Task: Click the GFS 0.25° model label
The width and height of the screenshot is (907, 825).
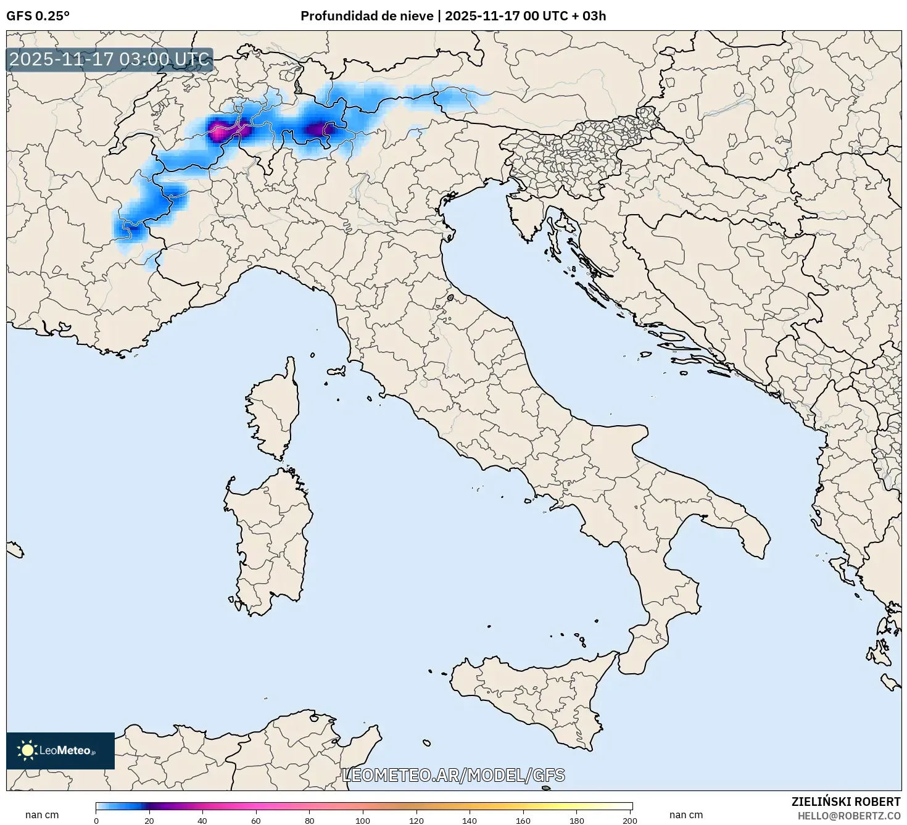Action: (38, 16)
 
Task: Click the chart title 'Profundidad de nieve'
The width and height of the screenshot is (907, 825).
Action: (367, 16)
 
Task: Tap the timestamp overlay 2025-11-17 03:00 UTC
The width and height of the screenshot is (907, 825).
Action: (109, 60)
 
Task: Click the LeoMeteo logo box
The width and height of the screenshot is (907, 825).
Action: (60, 750)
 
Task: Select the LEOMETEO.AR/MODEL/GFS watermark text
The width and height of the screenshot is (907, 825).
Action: (453, 775)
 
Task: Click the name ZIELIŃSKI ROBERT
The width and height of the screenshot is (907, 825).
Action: (845, 802)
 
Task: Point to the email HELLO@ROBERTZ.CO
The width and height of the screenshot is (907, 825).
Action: (848, 816)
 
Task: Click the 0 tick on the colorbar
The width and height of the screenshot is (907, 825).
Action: (96, 821)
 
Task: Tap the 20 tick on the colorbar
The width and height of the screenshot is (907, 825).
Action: (149, 821)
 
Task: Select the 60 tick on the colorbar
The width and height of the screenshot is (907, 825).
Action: (256, 821)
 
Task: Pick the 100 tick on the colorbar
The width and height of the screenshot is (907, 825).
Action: (363, 821)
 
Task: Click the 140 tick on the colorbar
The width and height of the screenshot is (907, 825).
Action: (470, 821)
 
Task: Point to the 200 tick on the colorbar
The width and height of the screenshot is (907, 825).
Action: (630, 821)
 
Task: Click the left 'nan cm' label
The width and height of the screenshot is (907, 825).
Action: (42, 815)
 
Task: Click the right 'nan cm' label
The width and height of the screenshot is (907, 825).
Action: (686, 815)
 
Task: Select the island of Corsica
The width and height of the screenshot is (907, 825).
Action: (275, 413)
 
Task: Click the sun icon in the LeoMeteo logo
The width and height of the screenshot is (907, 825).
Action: (27, 750)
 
